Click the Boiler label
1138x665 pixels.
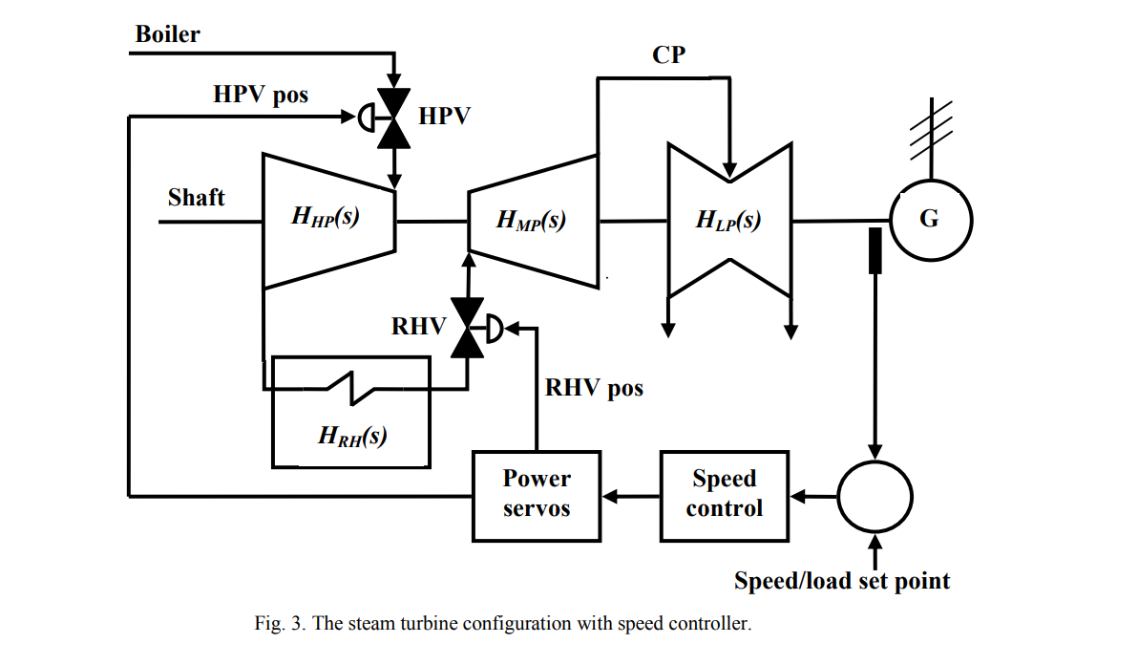point(167,34)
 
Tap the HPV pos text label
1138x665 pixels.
point(261,95)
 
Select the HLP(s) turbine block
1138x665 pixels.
point(729,222)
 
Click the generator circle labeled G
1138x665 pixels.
point(929,220)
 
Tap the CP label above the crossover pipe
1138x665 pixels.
point(668,55)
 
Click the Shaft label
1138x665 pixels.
point(196,198)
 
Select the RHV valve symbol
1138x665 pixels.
point(468,328)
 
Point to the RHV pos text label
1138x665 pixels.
point(594,388)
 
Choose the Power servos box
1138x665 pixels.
point(537,494)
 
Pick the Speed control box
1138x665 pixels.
point(725,494)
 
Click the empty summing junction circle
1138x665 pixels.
point(875,496)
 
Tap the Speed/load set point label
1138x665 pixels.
point(842,581)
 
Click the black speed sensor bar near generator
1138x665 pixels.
point(874,250)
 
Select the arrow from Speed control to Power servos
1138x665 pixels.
point(630,496)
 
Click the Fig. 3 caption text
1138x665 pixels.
point(503,625)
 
